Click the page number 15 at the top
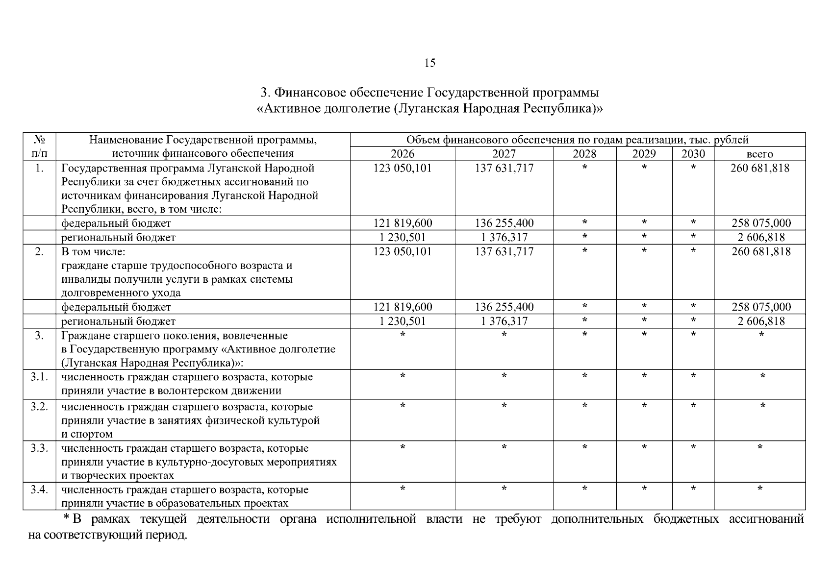tap(429, 63)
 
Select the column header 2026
tap(403, 154)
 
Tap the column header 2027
tap(504, 154)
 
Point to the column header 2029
tap(644, 154)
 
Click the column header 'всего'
tap(759, 154)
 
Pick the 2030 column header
tap(693, 154)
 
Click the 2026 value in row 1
tap(403, 168)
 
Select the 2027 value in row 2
tap(504, 251)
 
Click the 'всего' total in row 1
tap(760, 168)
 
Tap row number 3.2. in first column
tap(39, 407)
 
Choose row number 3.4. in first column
tap(39, 490)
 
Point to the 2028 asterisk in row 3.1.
tap(584, 376)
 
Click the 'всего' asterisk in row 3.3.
tap(760, 447)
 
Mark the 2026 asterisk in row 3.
tap(403, 335)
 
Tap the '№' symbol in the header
tap(39, 140)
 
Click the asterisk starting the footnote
tap(67, 518)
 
